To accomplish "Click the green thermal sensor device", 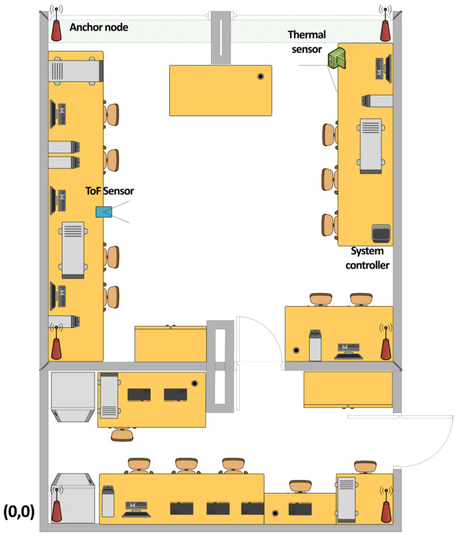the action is [337, 59].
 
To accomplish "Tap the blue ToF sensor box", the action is [104, 212].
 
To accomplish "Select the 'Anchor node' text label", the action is [98, 27].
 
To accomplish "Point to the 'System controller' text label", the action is [367, 258].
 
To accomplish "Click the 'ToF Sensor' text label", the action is [109, 191].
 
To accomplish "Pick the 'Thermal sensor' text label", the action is [307, 42].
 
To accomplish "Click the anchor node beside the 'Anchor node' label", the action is [57, 23].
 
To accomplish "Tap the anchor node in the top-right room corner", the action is [386, 23].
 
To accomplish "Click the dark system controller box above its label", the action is [381, 233].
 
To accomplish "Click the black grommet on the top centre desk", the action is [261, 76].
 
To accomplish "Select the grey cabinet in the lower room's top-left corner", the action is [73, 397].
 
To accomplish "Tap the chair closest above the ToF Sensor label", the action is [111, 160].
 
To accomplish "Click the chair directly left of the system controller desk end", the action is [330, 225].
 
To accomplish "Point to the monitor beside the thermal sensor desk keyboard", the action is [388, 69].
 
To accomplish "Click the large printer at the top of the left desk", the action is [76, 71].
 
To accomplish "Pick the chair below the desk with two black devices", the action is [122, 435].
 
